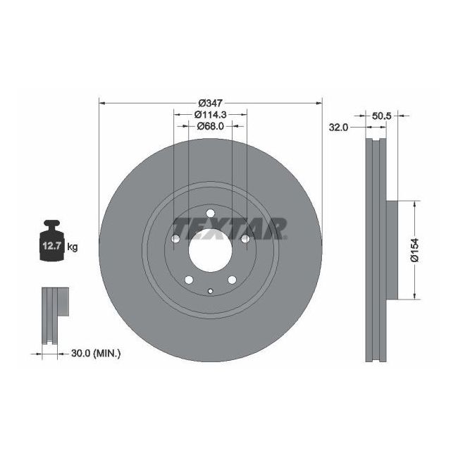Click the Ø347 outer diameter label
(211, 103)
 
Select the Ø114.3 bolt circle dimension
(210, 114)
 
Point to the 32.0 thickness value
(339, 128)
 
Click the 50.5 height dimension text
(380, 114)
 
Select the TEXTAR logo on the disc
(229, 228)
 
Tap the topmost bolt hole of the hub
(210, 215)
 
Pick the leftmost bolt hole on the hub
(176, 240)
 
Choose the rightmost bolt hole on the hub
(245, 240)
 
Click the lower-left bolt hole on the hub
(189, 281)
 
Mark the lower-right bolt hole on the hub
(231, 281)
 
